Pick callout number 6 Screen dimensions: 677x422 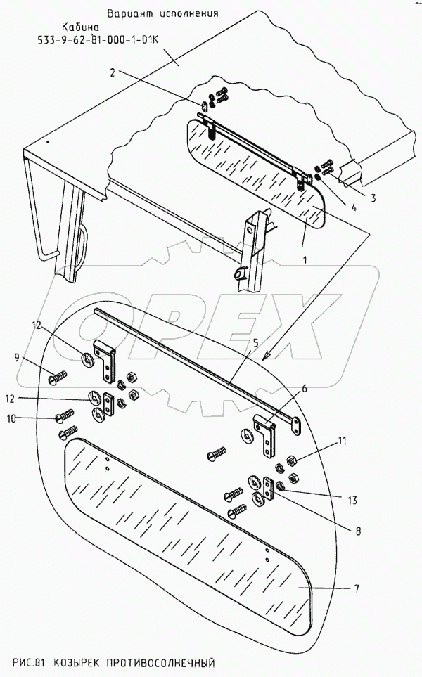click(305, 388)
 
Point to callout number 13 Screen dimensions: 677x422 click(351, 501)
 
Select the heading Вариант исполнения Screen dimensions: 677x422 click(162, 13)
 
